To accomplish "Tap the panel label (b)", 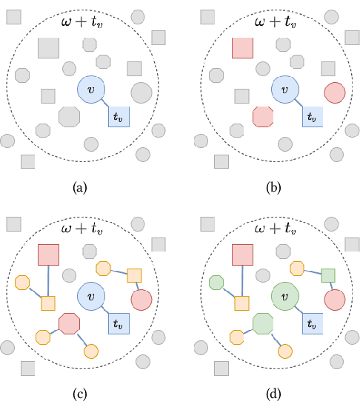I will [x=273, y=188].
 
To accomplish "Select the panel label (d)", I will [x=273, y=391].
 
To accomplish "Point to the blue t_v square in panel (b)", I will [x=311, y=115].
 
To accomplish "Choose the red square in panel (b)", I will [x=243, y=48].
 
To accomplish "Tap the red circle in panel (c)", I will [x=141, y=300].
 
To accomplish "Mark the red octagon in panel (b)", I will [x=262, y=117].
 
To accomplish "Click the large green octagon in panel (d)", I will [x=262, y=323].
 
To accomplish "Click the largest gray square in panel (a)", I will [x=49, y=48].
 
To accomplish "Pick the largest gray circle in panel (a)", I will [x=141, y=93].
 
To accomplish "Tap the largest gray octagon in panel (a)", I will [x=69, y=117].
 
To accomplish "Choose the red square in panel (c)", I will [x=49, y=255].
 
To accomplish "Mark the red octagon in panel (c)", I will [x=69, y=323].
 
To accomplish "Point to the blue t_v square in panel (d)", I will [x=311, y=323].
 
